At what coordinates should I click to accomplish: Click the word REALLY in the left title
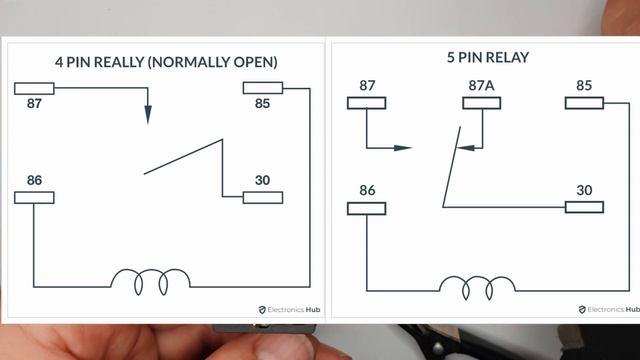coord(119,62)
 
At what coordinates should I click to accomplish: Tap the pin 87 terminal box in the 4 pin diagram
coord(34,89)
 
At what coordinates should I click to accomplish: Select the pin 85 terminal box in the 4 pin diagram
coord(263,88)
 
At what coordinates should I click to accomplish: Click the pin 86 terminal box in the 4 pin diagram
coord(34,198)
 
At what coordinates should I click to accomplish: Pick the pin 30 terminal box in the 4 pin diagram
coord(263,198)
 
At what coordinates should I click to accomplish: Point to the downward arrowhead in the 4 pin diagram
coord(148,115)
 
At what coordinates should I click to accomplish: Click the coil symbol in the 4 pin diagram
coord(151,282)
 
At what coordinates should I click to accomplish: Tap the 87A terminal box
coord(482,103)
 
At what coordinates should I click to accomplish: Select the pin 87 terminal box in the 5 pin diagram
coord(367,103)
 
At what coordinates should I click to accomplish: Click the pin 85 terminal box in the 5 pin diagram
coord(584,103)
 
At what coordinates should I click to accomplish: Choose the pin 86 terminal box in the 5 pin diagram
coord(367,209)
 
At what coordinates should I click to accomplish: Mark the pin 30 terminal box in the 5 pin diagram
coord(584,207)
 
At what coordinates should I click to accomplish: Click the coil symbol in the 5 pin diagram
coord(478,288)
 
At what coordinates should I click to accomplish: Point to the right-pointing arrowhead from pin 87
coord(402,148)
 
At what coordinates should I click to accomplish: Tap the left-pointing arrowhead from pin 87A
coord(465,147)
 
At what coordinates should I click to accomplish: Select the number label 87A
coord(482,85)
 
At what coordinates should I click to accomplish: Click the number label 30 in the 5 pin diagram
coord(584,190)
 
